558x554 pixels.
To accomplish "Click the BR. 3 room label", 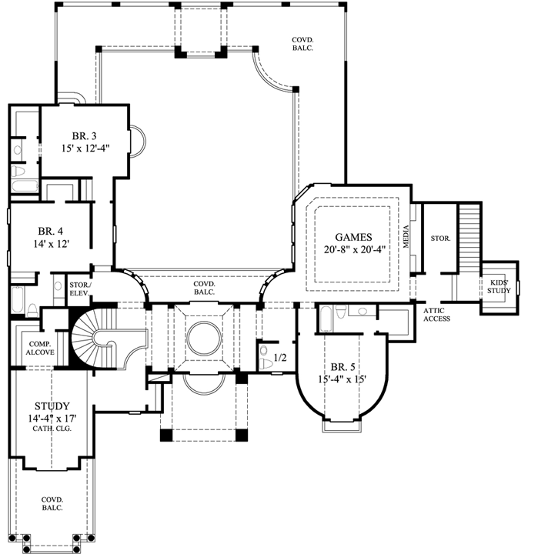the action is tap(84, 136).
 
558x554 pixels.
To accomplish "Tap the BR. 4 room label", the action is tap(51, 232).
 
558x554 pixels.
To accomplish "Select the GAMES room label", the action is tap(353, 237).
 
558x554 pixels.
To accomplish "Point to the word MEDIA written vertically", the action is tap(406, 237).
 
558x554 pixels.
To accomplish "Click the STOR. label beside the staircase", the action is tap(440, 239).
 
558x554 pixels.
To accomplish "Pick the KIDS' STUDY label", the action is tap(499, 287).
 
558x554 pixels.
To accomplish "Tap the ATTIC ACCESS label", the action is tap(436, 315).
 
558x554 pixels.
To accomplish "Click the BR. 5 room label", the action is tap(342, 367).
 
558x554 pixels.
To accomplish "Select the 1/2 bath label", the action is tap(280, 357).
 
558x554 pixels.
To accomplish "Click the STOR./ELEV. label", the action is tap(80, 289).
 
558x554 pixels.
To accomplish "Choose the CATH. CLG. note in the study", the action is tap(52, 429).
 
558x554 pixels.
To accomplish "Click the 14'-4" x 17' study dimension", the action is tap(52, 419).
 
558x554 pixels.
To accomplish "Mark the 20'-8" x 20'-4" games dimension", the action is tap(355, 250).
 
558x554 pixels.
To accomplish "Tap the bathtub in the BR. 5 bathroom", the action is tap(326, 319).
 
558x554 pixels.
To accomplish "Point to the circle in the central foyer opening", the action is tap(204, 338).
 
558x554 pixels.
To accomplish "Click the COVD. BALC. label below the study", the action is tap(52, 504).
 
